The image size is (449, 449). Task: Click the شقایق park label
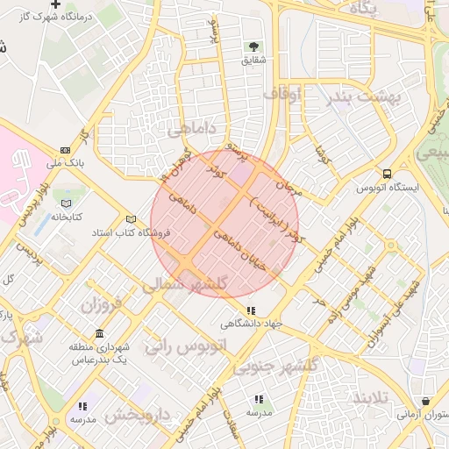point(253,61)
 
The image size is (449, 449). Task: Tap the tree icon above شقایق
point(254,46)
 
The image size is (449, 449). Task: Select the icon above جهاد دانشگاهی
point(252,310)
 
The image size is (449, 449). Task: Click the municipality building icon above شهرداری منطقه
point(98,334)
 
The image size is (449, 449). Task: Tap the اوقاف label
point(282,92)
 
